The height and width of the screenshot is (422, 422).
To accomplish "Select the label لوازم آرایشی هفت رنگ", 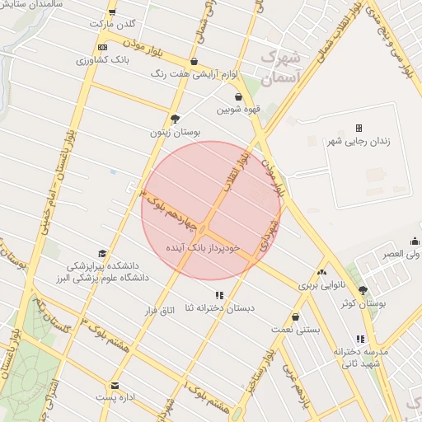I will (x=195, y=73).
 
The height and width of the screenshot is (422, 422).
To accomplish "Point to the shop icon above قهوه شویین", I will (x=238, y=97).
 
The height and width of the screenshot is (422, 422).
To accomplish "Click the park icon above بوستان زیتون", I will (x=175, y=118).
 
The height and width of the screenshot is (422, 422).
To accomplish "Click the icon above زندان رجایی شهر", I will (x=359, y=128).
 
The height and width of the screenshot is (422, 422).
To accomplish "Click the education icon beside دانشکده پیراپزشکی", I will (x=102, y=254).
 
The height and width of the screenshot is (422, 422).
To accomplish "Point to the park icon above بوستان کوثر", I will (x=363, y=290).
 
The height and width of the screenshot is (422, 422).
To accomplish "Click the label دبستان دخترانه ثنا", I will (x=219, y=307).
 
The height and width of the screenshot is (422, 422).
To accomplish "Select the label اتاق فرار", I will (x=162, y=310).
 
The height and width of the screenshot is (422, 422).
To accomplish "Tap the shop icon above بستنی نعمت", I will (x=296, y=316).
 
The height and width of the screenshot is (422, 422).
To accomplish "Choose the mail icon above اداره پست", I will (x=115, y=385).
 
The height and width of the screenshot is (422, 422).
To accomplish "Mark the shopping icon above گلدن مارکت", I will (x=111, y=13).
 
